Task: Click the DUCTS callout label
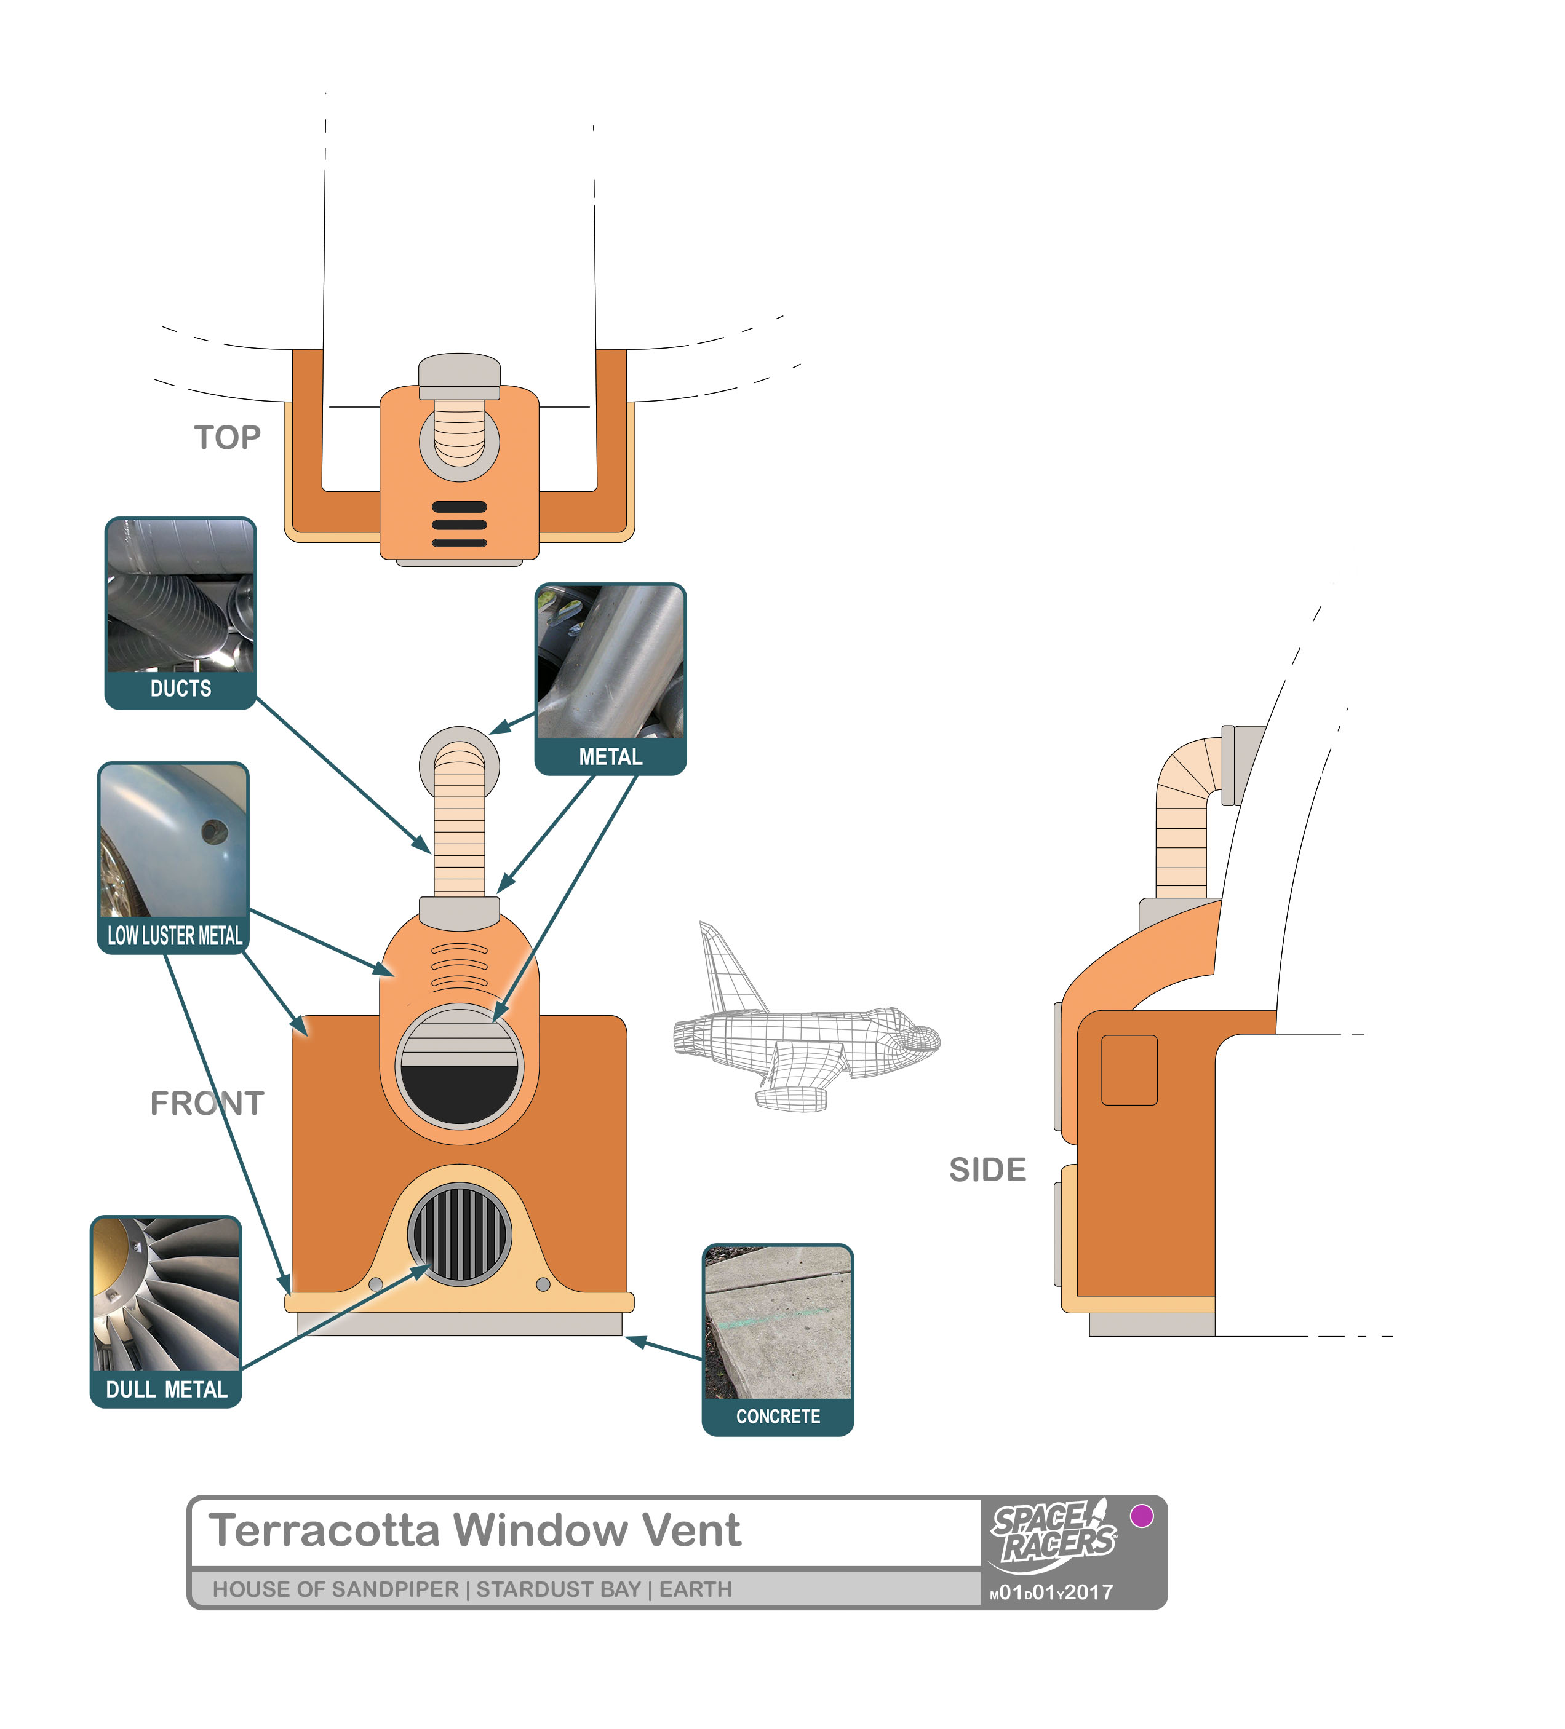point(180,689)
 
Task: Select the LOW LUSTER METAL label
point(174,936)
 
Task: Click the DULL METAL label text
point(167,1390)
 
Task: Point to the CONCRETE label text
point(778,1417)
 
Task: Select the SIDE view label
point(987,1171)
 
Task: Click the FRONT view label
point(207,1104)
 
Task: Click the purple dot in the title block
point(1141,1516)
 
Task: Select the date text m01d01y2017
point(1051,1593)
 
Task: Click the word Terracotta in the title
point(324,1531)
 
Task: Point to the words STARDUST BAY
point(559,1590)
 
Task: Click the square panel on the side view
point(1129,1070)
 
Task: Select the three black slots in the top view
point(459,524)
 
